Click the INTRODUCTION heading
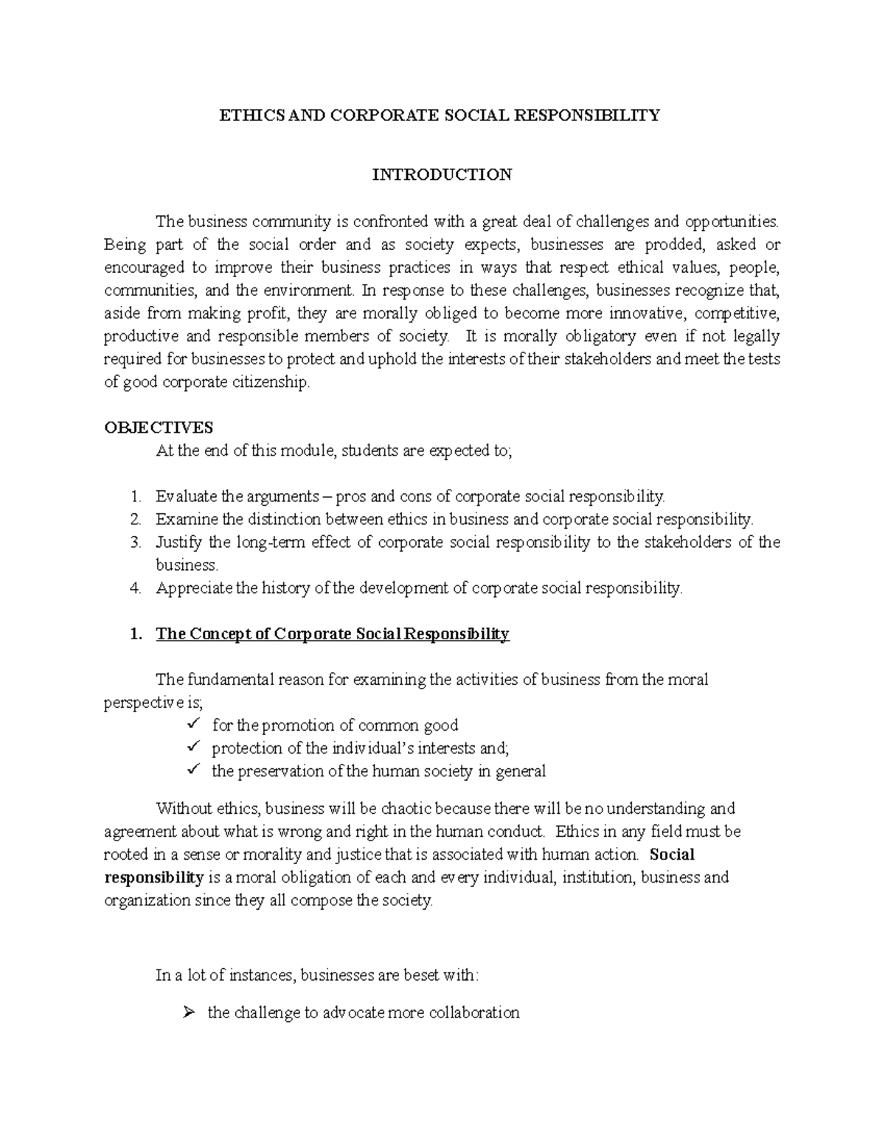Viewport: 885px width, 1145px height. [x=442, y=175]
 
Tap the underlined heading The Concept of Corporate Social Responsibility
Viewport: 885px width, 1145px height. [x=333, y=634]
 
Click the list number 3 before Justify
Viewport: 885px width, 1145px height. [x=135, y=543]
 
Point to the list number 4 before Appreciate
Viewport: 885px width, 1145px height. [x=135, y=588]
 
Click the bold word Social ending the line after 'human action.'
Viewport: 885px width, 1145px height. [x=673, y=855]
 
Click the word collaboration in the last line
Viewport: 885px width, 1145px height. [x=473, y=1012]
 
